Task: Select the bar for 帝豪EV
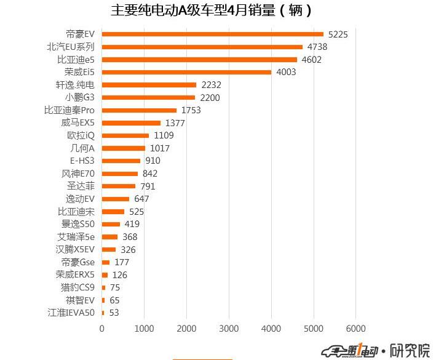pos(212,34)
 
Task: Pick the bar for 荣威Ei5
pos(186,72)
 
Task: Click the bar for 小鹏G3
pos(148,97)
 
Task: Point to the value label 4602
pos(311,60)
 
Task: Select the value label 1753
pos(191,110)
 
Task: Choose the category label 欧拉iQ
pos(81,135)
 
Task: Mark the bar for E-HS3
pos(121,161)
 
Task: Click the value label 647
pos(141,199)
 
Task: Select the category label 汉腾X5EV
pos(74,249)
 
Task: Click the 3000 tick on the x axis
pos(229,329)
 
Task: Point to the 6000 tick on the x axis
pos(355,329)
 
